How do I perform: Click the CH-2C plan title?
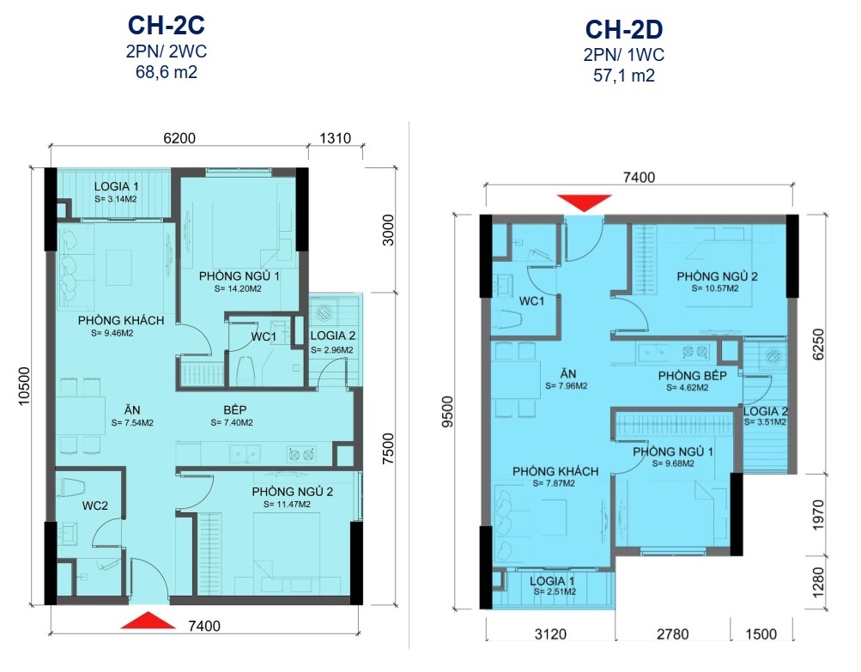click(167, 25)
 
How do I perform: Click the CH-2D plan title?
click(624, 29)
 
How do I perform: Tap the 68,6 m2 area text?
click(167, 72)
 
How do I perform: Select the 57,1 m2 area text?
click(624, 76)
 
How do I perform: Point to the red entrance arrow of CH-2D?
click(585, 203)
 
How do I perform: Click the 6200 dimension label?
click(179, 138)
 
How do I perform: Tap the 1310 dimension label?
click(335, 138)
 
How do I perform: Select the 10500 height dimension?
click(25, 386)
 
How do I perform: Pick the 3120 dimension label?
click(550, 634)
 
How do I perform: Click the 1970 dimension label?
click(818, 515)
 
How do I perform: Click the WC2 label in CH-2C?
click(95, 506)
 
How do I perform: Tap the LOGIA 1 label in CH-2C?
click(116, 187)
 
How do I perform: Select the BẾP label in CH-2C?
click(235, 409)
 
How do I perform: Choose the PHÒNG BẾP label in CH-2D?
click(693, 376)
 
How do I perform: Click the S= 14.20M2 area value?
click(238, 288)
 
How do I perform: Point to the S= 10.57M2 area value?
click(715, 288)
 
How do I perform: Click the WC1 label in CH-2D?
click(531, 301)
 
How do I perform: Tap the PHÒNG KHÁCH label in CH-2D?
click(555, 472)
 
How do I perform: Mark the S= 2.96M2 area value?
click(331, 350)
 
